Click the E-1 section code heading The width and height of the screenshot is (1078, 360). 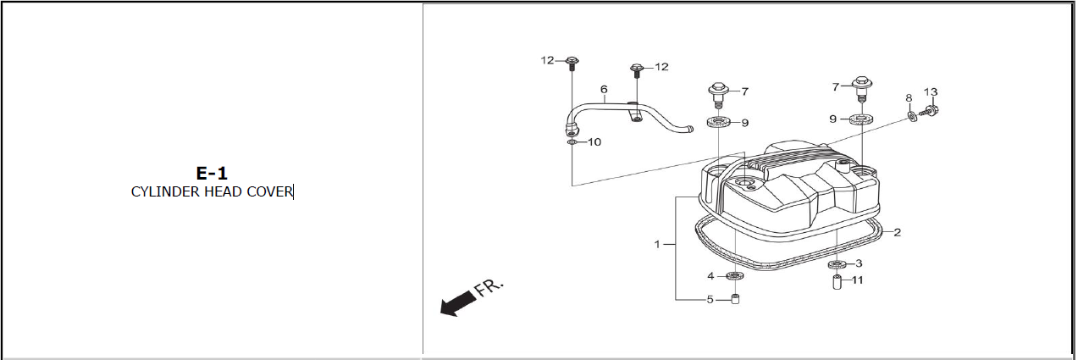[x=211, y=174]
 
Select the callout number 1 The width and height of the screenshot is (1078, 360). [x=657, y=245]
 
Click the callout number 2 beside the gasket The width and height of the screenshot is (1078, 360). [x=897, y=232]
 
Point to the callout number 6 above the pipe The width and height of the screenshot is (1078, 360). [x=604, y=90]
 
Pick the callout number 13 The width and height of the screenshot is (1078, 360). [x=931, y=92]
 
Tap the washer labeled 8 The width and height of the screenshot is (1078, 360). [x=911, y=117]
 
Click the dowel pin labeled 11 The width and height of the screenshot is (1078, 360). [x=837, y=282]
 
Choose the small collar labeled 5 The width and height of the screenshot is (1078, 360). [x=735, y=299]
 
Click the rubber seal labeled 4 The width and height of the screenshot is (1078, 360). [x=735, y=276]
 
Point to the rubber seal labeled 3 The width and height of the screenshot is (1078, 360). [x=838, y=264]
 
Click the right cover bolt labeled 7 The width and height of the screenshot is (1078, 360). [x=862, y=89]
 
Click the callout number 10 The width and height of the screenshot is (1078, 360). [x=594, y=142]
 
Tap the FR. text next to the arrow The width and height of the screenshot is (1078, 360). [x=489, y=287]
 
